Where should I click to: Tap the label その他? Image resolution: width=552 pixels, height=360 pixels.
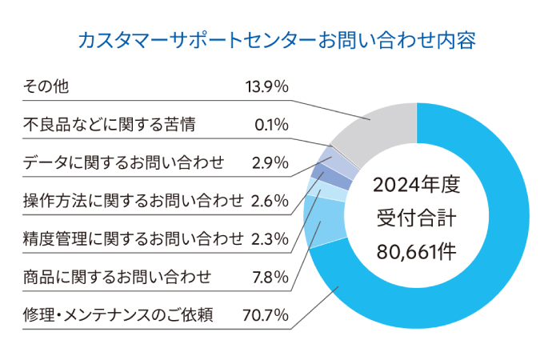click(x=46, y=86)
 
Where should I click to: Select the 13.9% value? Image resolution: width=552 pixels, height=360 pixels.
click(x=267, y=86)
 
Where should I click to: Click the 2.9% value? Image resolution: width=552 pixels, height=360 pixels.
click(x=270, y=162)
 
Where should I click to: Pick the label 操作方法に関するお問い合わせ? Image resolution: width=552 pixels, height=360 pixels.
click(x=133, y=200)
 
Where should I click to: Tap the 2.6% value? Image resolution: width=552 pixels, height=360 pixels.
click(x=270, y=200)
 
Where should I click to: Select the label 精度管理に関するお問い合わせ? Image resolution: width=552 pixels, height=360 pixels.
click(x=133, y=238)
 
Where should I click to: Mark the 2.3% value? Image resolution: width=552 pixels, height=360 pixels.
click(x=270, y=238)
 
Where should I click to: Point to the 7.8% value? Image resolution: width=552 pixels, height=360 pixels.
click(x=270, y=277)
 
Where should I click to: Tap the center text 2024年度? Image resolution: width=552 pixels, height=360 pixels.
click(x=417, y=186)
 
